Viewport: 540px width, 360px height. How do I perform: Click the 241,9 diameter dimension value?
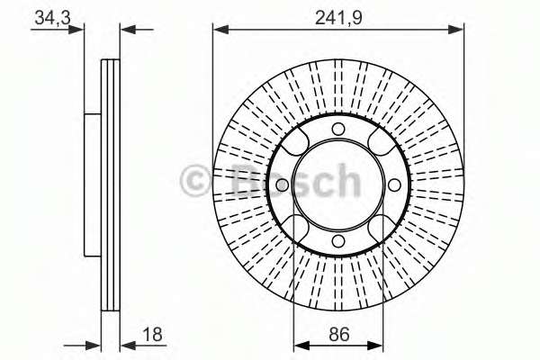[338, 17]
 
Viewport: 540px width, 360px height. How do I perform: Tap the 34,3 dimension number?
[52, 17]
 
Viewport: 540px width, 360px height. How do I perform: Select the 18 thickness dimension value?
[152, 334]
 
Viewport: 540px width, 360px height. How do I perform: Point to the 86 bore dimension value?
[339, 334]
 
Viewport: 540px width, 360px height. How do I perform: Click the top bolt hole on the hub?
[338, 129]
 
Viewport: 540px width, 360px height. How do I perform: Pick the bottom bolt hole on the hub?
[338, 241]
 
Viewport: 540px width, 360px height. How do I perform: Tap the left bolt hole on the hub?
[283, 185]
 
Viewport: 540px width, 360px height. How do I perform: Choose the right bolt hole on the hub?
[394, 185]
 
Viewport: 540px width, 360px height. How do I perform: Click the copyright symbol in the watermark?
[194, 181]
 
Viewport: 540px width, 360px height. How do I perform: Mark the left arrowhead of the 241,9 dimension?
[220, 30]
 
